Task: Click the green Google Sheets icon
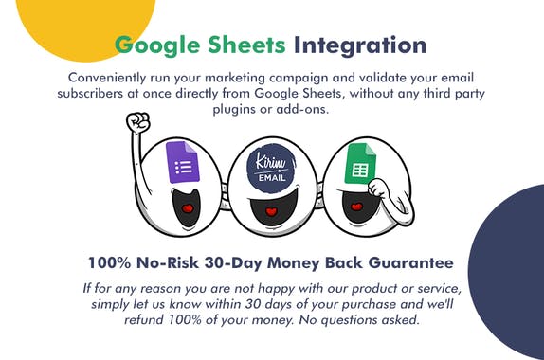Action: tap(360, 162)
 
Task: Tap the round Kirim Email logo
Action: tap(271, 169)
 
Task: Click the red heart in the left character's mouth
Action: tap(188, 207)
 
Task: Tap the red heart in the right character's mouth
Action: tap(355, 207)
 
